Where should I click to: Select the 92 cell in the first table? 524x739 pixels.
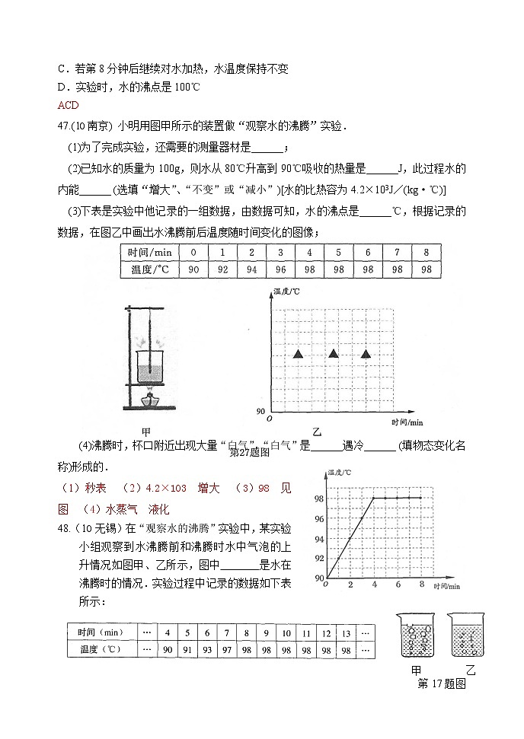[x=222, y=269]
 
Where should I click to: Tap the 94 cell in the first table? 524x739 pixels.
[x=251, y=269]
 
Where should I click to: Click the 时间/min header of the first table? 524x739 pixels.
[x=149, y=252]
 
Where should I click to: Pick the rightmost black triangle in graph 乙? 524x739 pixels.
[x=366, y=353]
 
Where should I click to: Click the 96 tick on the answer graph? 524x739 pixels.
[x=318, y=518]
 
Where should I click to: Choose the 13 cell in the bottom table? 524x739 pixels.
[x=345, y=632]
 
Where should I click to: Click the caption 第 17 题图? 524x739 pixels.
[x=442, y=683]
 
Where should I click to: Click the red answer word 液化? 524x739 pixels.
[x=158, y=508]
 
